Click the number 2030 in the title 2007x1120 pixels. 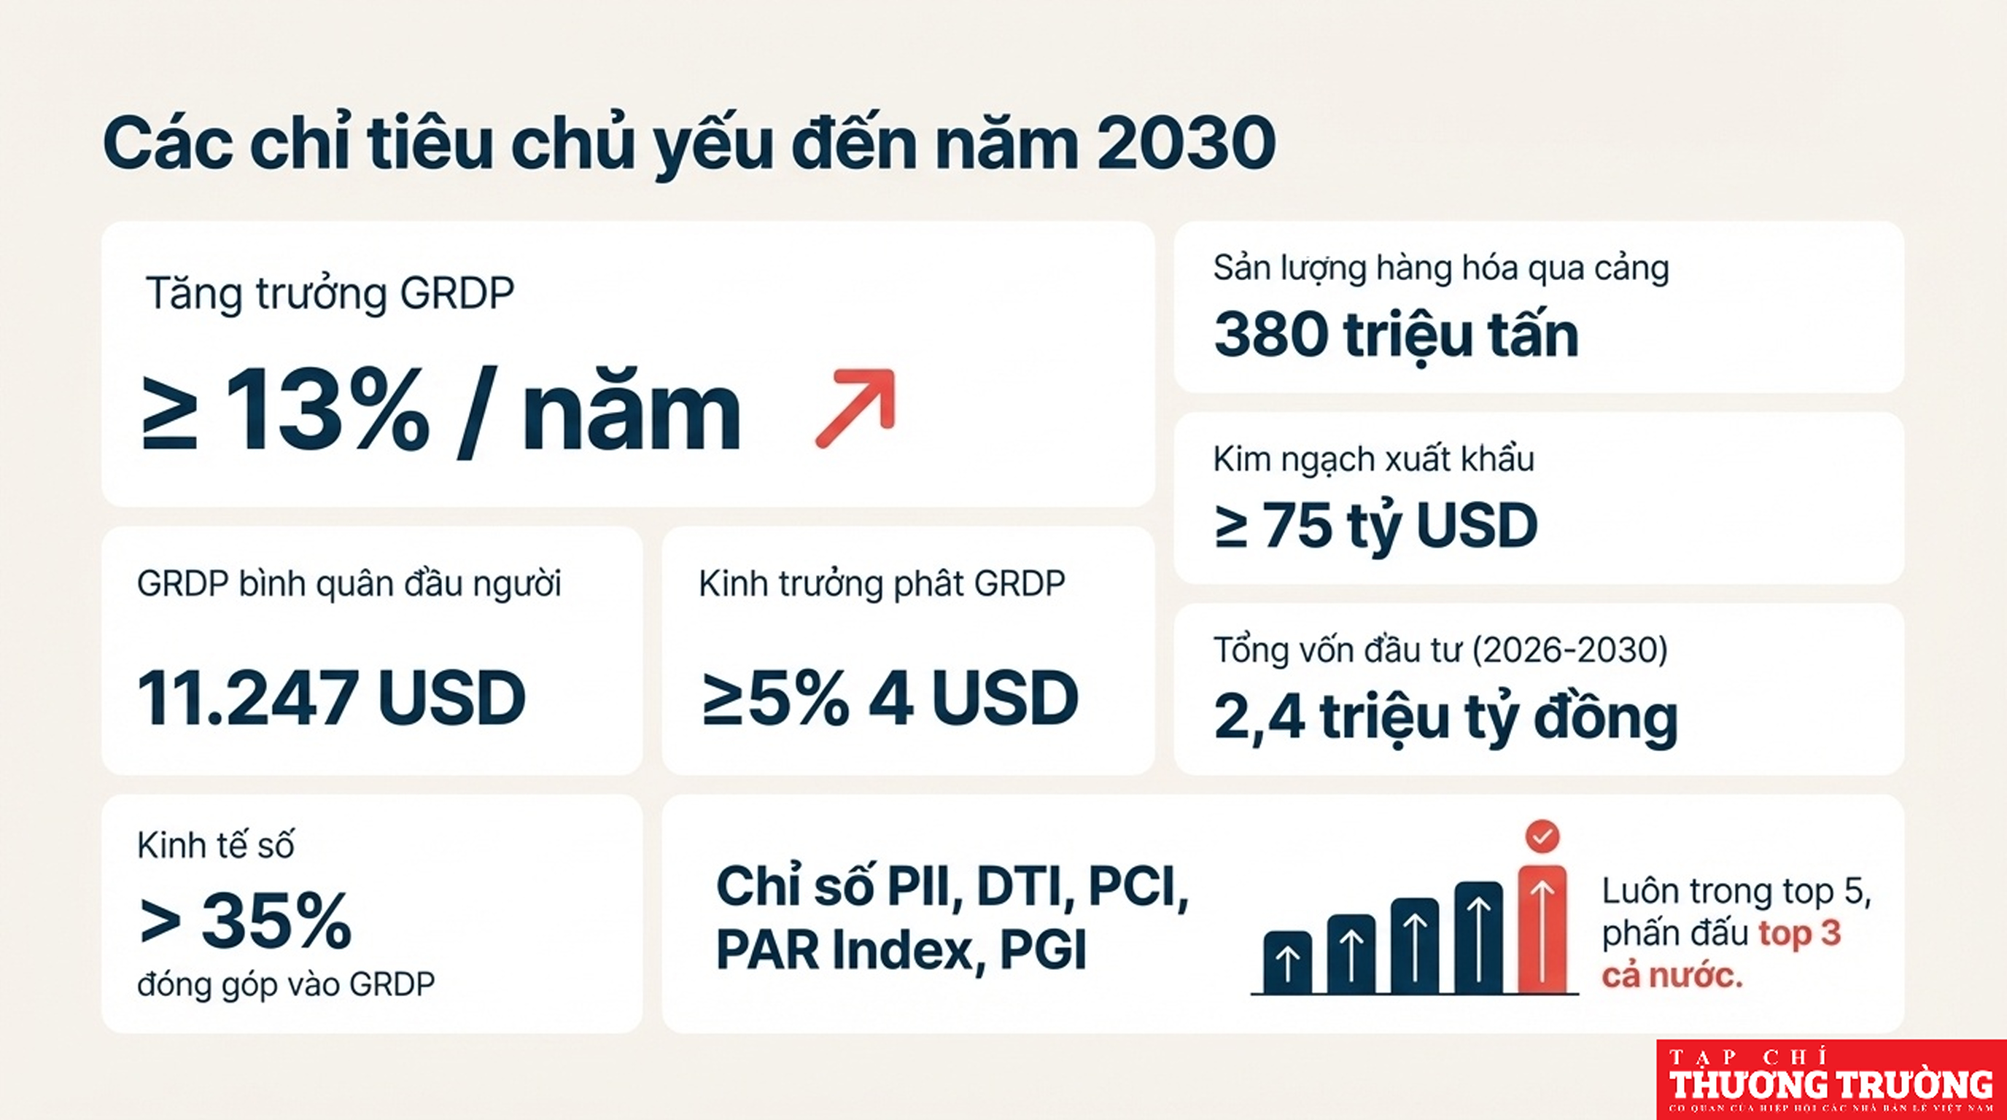(1186, 144)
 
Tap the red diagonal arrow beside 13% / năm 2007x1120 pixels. (855, 408)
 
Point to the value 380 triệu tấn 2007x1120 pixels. (1396, 335)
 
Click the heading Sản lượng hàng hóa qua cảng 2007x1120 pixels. (1441, 270)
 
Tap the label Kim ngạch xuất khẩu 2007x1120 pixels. (1373, 459)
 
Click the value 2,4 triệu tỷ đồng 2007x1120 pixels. (1445, 718)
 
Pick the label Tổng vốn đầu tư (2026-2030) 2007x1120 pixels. (1440, 650)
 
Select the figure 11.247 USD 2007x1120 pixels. (331, 698)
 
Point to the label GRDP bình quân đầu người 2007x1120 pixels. (349, 585)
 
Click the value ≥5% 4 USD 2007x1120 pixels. (890, 698)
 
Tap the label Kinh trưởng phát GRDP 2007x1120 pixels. (882, 584)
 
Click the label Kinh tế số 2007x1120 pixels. (216, 845)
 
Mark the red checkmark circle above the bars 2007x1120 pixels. (1542, 836)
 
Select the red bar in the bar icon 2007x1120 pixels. (1542, 929)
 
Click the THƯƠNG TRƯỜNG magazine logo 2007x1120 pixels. (1832, 1079)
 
